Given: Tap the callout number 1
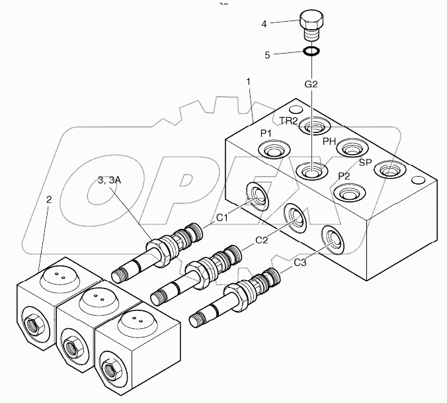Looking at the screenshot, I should [x=248, y=81].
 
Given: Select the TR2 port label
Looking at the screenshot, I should [x=288, y=120].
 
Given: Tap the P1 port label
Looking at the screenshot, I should [x=266, y=134].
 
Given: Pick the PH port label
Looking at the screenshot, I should [x=329, y=141].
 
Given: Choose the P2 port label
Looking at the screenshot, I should [x=344, y=176].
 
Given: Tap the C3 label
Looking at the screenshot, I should [x=300, y=263].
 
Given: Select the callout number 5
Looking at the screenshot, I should [x=267, y=55].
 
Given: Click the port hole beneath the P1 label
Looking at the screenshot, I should [x=274, y=153].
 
